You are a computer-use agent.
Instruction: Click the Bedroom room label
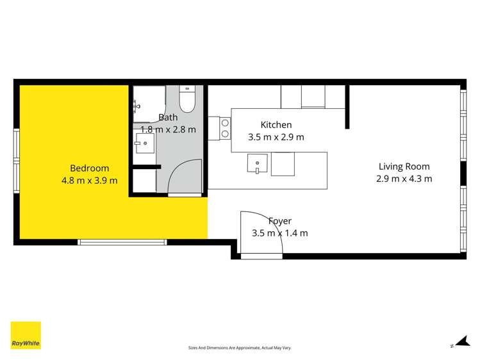coord(89,168)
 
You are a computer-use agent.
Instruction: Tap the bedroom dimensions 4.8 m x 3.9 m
coord(89,181)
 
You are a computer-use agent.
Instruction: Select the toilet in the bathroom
coord(186,100)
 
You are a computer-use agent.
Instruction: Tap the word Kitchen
coord(276,125)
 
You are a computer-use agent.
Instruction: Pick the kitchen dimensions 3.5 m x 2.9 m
coord(276,136)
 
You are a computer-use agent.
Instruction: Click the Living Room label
coord(404,167)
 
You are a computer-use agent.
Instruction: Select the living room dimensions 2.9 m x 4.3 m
coord(404,179)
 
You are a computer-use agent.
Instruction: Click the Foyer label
coord(280,222)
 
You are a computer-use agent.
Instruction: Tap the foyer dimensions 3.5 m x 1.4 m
coord(280,233)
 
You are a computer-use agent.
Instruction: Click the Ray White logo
coord(26,335)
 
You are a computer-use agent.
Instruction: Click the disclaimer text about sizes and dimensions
coord(240,347)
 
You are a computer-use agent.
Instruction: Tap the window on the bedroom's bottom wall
coord(122,241)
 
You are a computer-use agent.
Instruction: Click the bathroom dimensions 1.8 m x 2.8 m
coord(168,129)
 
